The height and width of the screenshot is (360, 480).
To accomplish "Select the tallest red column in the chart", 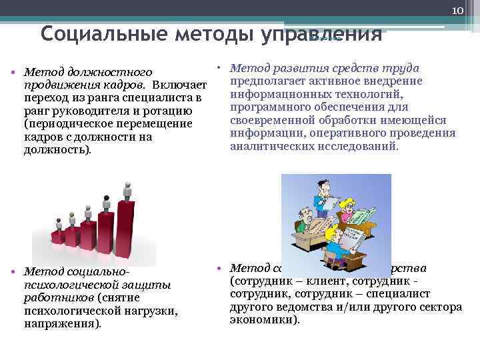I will [x=127, y=223].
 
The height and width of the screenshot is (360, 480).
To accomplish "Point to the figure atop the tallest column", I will [x=127, y=189].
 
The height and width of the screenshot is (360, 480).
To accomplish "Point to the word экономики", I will [x=264, y=319].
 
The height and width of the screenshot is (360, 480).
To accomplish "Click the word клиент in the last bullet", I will [x=317, y=281].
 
